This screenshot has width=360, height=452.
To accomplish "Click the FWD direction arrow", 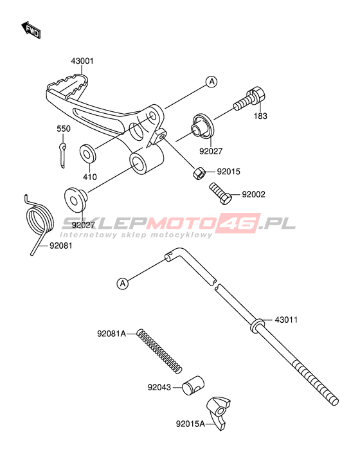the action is (31, 30).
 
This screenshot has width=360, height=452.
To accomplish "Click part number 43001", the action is (82, 61).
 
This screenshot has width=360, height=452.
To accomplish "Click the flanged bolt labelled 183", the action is (249, 100).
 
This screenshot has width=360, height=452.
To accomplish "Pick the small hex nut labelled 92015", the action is (199, 173).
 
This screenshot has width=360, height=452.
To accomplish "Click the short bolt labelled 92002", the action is (221, 194).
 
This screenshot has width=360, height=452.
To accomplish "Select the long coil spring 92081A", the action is (159, 351).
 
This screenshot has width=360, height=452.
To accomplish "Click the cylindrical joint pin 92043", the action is (193, 385).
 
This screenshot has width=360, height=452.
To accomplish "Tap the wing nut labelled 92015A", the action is (219, 413).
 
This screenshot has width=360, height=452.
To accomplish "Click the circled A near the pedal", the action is (212, 82).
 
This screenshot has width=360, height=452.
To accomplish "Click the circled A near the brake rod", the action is (123, 284).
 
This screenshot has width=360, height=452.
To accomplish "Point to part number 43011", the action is (286, 320).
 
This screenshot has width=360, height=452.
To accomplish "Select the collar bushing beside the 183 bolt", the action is (203, 126).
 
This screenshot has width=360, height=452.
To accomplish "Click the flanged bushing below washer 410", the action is (76, 200).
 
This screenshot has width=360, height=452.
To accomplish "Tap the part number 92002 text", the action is (254, 194).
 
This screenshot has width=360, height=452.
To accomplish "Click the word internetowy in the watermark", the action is (89, 235).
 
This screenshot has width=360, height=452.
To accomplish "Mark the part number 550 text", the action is (64, 129).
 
